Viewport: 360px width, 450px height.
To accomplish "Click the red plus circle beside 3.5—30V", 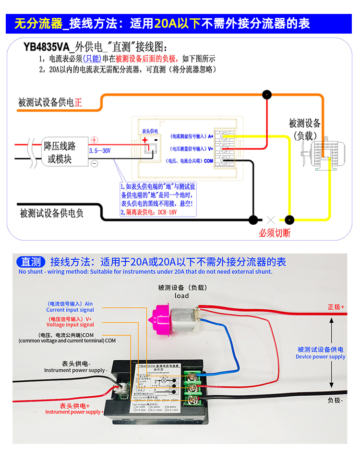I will pyautogui.click(x=95, y=140).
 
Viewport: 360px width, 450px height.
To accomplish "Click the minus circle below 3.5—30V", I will pyautogui.click(x=95, y=163).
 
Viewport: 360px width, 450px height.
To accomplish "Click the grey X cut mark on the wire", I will pyautogui.click(x=271, y=220).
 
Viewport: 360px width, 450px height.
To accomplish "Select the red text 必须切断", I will pyautogui.click(x=275, y=233).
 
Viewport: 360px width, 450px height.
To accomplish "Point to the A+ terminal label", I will pyautogui.click(x=210, y=136).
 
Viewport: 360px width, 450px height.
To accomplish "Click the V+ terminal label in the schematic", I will pyautogui.click(x=210, y=148).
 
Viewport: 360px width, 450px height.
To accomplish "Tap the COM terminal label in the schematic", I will pyautogui.click(x=208, y=161).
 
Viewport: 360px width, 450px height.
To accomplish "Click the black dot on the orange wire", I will pyautogui.click(x=266, y=95).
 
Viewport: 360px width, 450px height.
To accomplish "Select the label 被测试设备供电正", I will pyautogui.click(x=50, y=103).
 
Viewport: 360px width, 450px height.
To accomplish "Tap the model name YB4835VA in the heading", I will pyautogui.click(x=46, y=47).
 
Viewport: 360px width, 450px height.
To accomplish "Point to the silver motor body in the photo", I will pyautogui.click(x=185, y=319).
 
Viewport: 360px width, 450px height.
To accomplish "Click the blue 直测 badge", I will pyautogui.click(x=31, y=262).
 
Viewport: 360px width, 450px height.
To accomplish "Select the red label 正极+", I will pyautogui.click(x=336, y=307).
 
